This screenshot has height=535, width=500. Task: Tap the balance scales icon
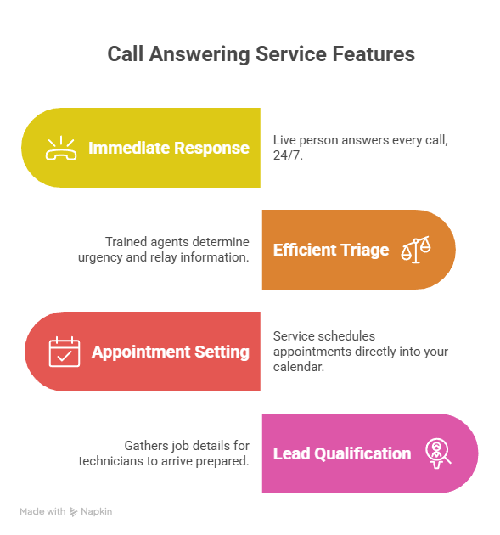[x=416, y=250]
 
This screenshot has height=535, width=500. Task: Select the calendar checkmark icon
[x=64, y=352]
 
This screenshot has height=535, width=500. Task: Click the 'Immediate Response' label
[x=169, y=148]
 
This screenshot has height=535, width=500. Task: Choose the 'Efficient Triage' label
[x=331, y=250]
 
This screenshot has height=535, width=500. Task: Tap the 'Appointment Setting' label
[x=171, y=352]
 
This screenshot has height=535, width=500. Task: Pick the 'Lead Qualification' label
[x=342, y=453]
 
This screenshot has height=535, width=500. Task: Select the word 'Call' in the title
[x=125, y=54]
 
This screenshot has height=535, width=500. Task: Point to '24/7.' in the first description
[x=286, y=156]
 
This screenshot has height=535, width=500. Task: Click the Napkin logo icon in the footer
[x=74, y=512]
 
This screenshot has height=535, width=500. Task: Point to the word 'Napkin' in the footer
[x=97, y=512]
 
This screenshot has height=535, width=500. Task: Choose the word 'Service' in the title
[x=289, y=54]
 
